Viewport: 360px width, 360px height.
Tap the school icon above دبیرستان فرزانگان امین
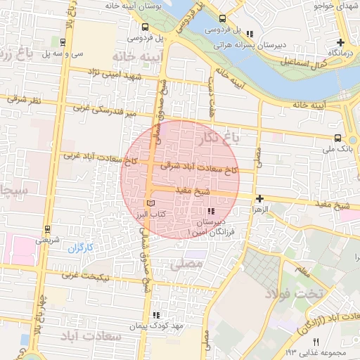pos(210,211)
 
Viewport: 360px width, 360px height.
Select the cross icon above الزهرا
pos(260,199)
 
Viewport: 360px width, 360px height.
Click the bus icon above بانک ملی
pos(339,138)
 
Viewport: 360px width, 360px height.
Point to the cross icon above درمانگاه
pos(341,42)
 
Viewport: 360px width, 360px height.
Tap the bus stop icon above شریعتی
pos(46,229)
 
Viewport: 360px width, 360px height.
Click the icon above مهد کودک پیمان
pos(156,315)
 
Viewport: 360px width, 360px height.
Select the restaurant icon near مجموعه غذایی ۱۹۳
pos(315,341)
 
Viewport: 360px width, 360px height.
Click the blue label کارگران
pos(81,247)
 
